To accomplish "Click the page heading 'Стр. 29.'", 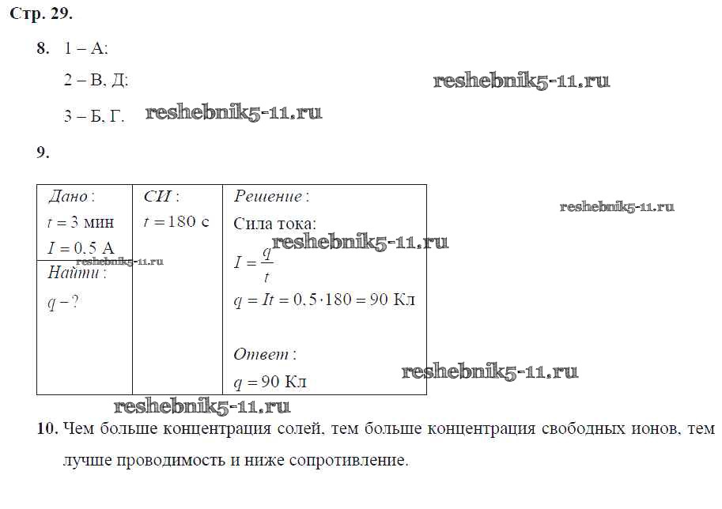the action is [x=41, y=13].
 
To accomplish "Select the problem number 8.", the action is [x=43, y=48].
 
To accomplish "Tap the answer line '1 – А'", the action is [x=85, y=48].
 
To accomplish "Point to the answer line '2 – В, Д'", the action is [x=96, y=80].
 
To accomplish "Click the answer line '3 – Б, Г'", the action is [x=94, y=115].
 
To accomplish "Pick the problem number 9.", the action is [x=43, y=153].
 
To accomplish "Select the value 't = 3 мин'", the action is [x=81, y=223].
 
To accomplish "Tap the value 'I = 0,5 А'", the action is [x=81, y=248].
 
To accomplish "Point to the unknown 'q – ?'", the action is [x=63, y=303].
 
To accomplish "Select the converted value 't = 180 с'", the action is [x=176, y=222].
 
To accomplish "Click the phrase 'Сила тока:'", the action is [x=275, y=224].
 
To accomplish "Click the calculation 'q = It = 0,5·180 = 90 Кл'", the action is [x=325, y=300].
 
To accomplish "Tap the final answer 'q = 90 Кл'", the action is [x=270, y=382].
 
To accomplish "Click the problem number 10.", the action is [x=48, y=429].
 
